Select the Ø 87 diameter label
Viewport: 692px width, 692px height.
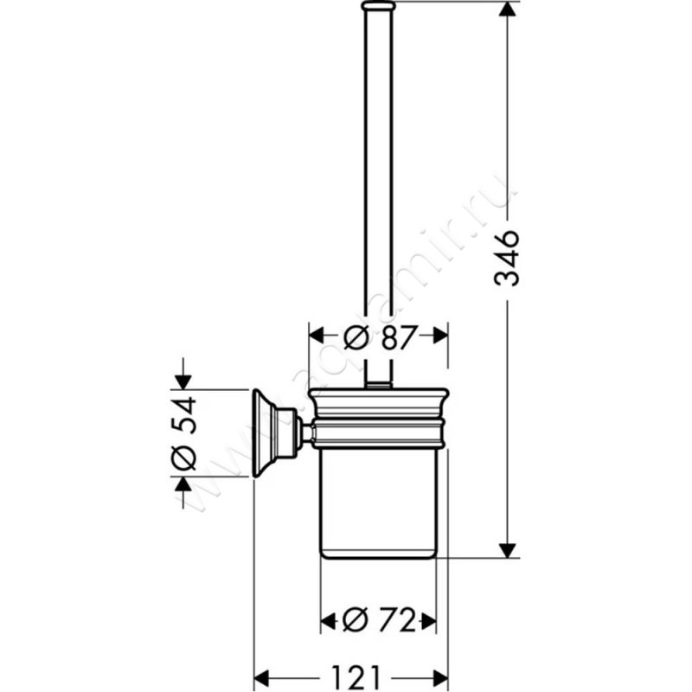[x=378, y=337]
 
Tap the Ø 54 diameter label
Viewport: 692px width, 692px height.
[x=185, y=432]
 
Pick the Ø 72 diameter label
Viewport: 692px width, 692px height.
[x=378, y=619]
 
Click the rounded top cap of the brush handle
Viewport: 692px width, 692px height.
[x=378, y=7]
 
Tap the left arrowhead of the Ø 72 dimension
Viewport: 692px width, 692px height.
[x=329, y=619]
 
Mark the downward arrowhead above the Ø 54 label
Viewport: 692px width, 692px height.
[x=183, y=381]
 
